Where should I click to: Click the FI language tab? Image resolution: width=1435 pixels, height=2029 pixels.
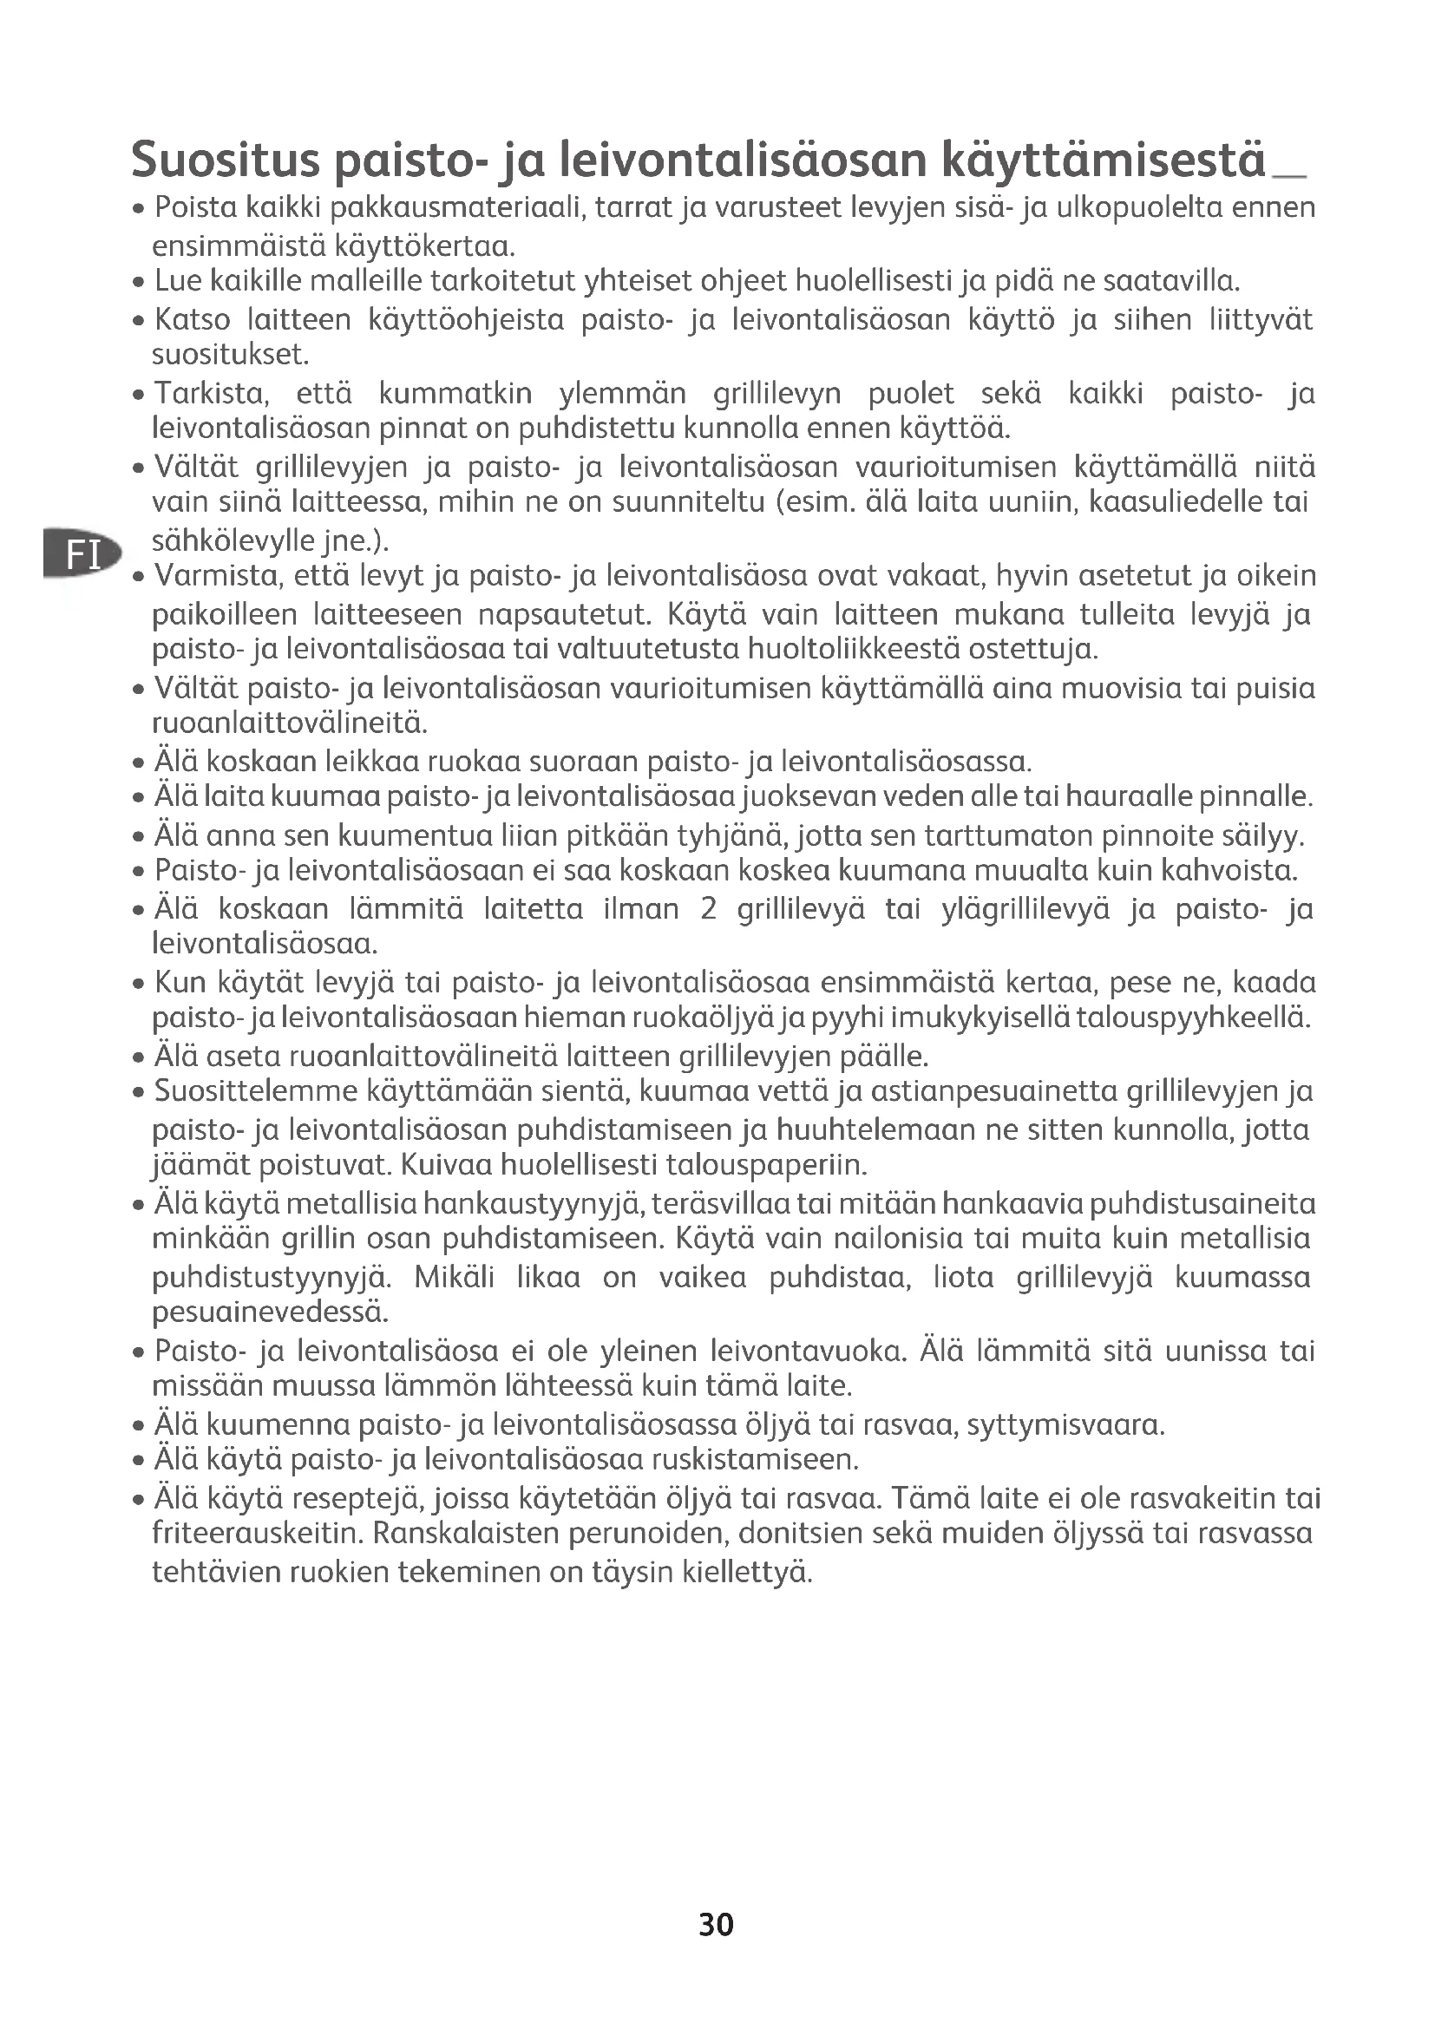[82, 555]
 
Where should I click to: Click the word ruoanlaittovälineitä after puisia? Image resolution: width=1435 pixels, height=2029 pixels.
[290, 724]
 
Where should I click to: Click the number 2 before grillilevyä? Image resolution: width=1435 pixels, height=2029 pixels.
[708, 909]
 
